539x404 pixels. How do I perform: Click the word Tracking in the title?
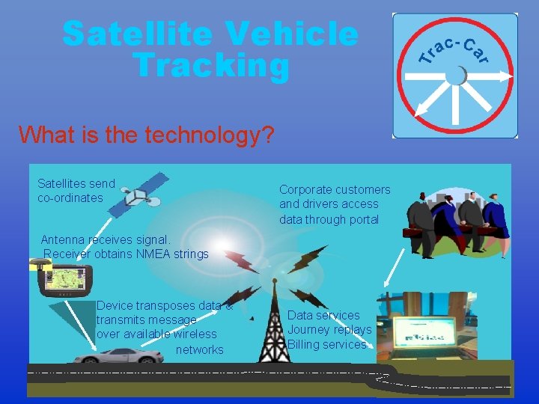click(211, 65)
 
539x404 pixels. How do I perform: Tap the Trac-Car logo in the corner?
click(455, 75)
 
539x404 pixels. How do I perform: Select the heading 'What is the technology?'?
click(147, 135)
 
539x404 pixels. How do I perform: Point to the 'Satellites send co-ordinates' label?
click(76, 190)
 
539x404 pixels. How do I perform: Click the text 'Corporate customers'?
click(335, 189)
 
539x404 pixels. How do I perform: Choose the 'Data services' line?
click(323, 315)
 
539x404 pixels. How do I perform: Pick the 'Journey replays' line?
click(329, 329)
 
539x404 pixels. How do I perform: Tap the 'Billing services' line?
click(327, 344)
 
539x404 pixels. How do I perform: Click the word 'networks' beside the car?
click(200, 349)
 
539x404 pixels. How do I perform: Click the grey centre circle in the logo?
click(455, 76)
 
